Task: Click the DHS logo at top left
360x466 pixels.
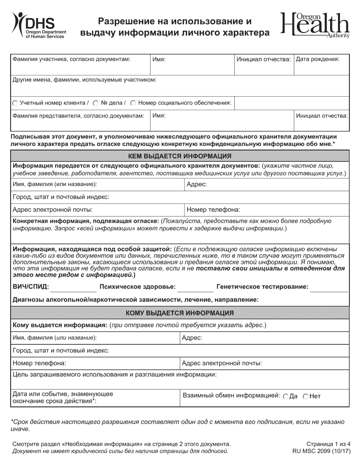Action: click(38, 25)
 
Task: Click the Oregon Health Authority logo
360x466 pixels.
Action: click(315, 26)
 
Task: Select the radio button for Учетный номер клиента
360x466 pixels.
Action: click(15, 103)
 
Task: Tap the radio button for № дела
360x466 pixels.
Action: click(96, 103)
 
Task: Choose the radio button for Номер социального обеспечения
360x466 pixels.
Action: click(133, 103)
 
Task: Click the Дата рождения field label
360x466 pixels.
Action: click(318, 59)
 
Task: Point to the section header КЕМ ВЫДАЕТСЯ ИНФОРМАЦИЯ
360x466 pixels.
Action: click(180, 156)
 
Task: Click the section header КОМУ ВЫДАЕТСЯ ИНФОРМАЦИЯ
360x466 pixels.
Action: click(180, 313)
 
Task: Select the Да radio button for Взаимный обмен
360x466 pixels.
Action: click(285, 396)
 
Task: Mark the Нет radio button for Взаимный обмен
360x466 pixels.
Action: click(306, 396)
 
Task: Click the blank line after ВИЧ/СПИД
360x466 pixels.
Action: click(73, 288)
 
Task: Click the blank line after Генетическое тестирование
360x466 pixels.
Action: click(329, 288)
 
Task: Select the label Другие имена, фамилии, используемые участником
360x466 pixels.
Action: click(85, 80)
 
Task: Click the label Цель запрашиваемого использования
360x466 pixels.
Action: click(115, 375)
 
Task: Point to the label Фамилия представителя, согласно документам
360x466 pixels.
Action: click(78, 116)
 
